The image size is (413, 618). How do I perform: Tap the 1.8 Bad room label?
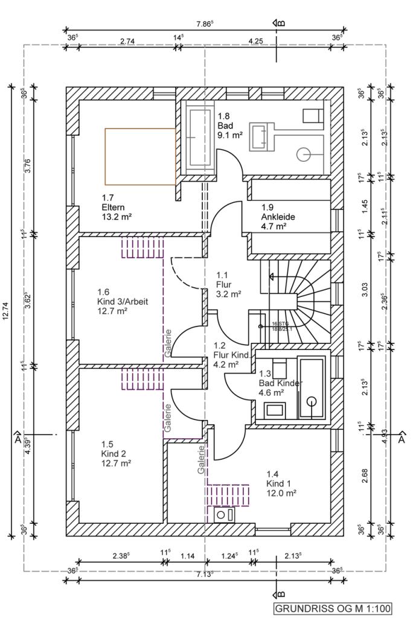click(x=229, y=126)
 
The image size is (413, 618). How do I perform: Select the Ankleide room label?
click(x=273, y=217)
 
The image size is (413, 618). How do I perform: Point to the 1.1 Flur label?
click(x=228, y=284)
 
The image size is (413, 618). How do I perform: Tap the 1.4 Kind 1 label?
click(x=281, y=483)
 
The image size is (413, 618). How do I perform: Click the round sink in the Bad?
click(x=303, y=154)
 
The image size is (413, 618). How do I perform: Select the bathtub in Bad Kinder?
click(x=312, y=387)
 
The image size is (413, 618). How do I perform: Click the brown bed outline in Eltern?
click(x=140, y=156)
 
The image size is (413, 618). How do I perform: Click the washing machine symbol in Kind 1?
click(x=225, y=515)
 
